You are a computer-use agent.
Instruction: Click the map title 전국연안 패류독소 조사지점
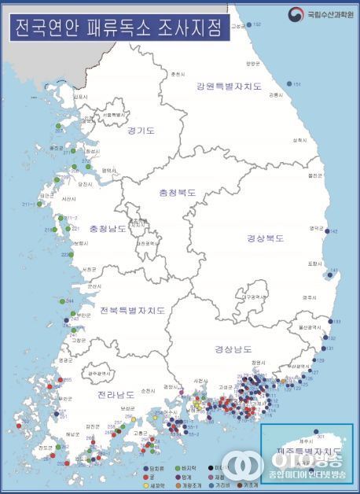click(x=116, y=28)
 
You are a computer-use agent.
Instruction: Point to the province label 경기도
click(x=141, y=131)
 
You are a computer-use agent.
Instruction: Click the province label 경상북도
click(x=265, y=238)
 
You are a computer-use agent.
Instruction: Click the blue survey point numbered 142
click(x=327, y=231)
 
